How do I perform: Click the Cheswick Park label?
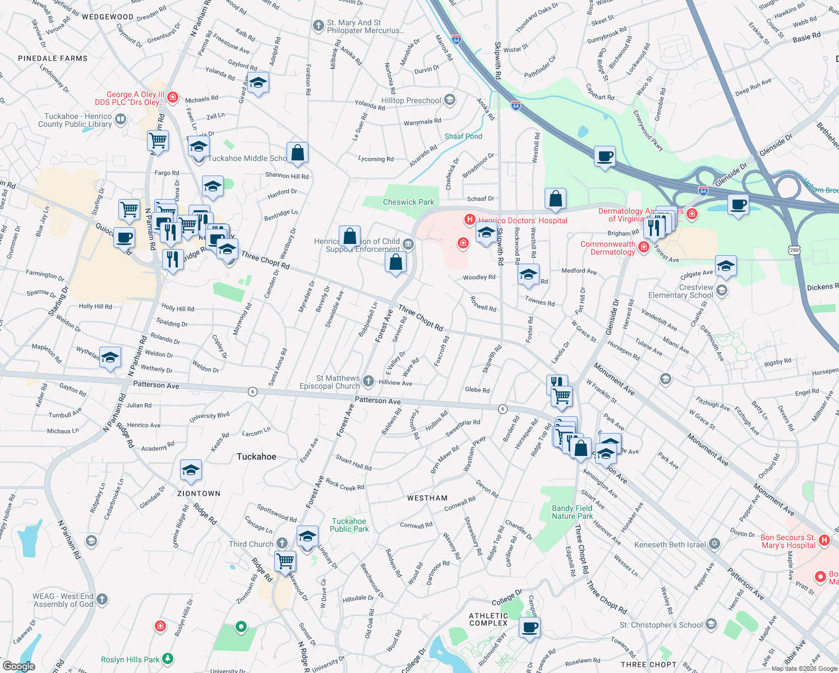(408, 202)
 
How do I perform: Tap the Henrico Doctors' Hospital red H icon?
(470, 220)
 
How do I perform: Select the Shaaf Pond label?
(463, 136)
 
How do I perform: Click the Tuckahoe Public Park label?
(349, 525)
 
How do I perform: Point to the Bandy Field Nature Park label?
(572, 512)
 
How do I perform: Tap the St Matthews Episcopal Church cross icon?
(368, 381)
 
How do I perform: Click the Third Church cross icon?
(282, 543)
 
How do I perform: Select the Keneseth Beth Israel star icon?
(714, 543)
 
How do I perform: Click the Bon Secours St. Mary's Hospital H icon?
(824, 540)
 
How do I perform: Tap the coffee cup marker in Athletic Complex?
(529, 628)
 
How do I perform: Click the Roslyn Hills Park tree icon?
(168, 659)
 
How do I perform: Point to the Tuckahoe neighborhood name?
(256, 457)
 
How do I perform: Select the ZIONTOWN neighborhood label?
(199, 494)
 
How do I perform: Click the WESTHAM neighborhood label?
(427, 498)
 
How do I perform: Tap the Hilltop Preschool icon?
(449, 100)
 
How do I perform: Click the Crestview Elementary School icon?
(722, 290)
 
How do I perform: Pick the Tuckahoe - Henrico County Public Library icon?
(121, 119)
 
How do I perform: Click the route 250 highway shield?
(794, 250)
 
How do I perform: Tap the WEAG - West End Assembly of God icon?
(102, 599)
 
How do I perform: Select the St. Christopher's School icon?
(711, 624)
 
